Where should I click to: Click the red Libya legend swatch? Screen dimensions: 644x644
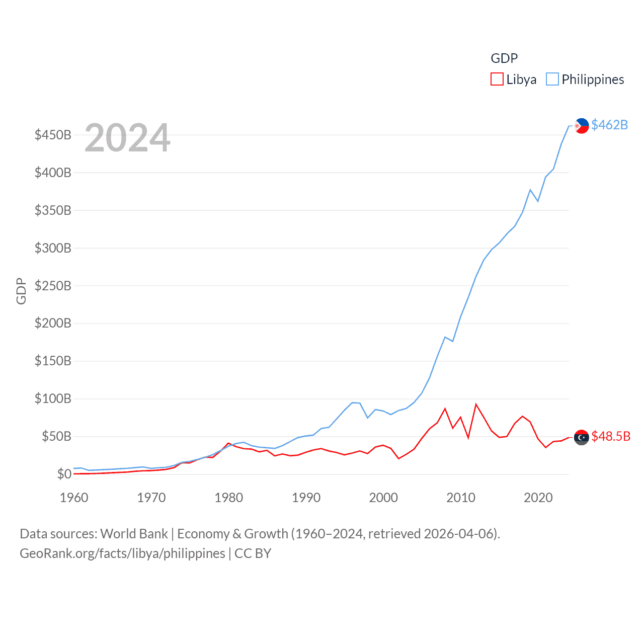coord(497,79)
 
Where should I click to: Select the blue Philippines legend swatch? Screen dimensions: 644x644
coord(552,79)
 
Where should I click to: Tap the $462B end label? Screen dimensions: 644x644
coord(609,125)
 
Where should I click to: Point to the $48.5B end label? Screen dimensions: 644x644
coord(611,436)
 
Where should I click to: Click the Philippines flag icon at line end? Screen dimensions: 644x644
coord(582,126)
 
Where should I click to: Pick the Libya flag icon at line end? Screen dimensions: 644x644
coord(582,438)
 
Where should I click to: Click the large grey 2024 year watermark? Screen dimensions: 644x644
coord(127,138)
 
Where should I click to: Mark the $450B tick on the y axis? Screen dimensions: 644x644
coord(53,135)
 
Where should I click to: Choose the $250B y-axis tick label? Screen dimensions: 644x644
coord(53,286)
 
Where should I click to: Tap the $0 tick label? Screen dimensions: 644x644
coord(64,474)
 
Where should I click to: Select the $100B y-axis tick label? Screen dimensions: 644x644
coord(53,399)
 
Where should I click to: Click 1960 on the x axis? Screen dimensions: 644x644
coord(74,498)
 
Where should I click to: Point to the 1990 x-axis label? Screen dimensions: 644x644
coord(306,498)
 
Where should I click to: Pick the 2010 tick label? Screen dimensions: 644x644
coord(461,498)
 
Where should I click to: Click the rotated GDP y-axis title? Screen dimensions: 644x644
coord(21,291)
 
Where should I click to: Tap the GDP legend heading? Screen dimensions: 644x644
coord(504,58)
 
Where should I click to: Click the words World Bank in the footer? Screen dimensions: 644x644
coord(134,533)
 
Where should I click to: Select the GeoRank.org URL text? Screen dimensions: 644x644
coord(122,553)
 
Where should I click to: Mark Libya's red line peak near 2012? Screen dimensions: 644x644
coord(476,404)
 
